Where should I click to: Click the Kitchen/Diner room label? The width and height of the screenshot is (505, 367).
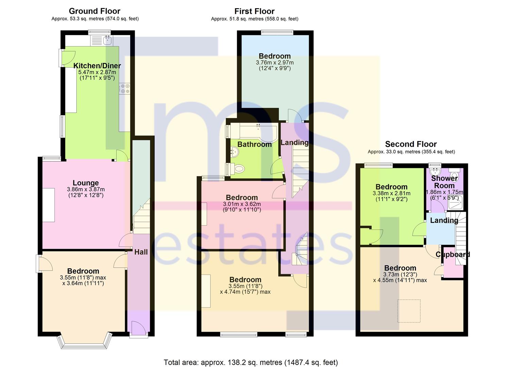click(97, 66)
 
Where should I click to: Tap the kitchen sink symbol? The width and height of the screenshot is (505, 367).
click(107, 41)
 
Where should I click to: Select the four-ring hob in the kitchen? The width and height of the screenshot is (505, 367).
click(125, 88)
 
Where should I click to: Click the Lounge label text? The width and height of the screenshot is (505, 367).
click(86, 183)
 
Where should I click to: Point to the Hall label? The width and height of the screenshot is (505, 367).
click(141, 252)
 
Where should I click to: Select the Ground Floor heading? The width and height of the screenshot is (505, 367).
click(95, 11)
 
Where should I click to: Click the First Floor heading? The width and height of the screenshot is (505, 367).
click(254, 11)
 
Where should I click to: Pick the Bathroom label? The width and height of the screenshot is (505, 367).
click(254, 144)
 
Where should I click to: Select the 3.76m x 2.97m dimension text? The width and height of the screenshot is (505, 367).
click(275, 63)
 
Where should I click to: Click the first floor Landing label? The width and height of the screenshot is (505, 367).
click(294, 143)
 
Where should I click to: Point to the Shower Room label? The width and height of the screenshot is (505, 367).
click(444, 182)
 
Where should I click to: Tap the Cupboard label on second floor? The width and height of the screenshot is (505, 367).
click(453, 255)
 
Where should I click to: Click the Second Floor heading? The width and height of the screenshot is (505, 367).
click(411, 144)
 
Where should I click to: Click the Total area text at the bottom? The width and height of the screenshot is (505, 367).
click(251, 362)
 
